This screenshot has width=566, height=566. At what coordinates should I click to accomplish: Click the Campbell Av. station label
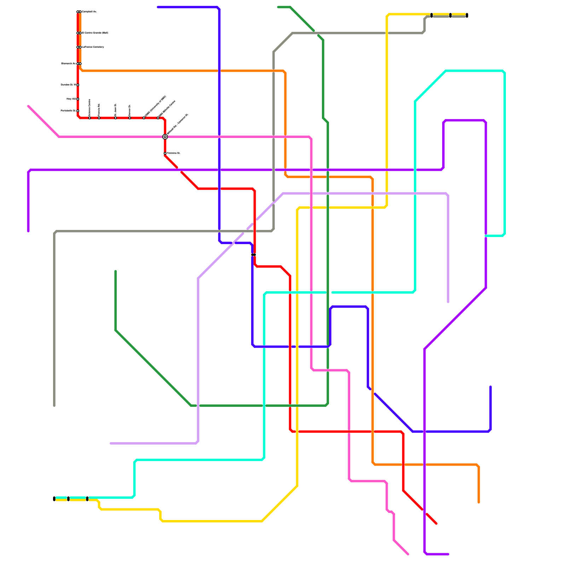click(x=89, y=12)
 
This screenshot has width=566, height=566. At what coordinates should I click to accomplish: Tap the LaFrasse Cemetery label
click(x=93, y=47)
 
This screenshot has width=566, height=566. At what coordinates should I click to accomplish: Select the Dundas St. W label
click(x=68, y=85)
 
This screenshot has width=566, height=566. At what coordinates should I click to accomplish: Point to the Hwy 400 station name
click(x=71, y=99)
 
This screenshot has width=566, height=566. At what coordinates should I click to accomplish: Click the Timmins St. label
click(x=174, y=153)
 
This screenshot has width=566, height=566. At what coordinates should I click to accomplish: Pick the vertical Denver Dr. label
click(x=130, y=110)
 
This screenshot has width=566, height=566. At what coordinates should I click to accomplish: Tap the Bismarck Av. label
click(x=68, y=64)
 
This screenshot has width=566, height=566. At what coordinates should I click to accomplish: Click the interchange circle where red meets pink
click(x=165, y=137)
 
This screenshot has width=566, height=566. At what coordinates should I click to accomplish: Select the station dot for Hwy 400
click(x=78, y=99)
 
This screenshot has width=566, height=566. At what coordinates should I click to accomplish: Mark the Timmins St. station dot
click(x=165, y=153)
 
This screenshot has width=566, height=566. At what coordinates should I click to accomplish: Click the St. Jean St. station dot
click(x=116, y=118)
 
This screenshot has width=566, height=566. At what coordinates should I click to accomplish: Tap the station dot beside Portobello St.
click(x=78, y=111)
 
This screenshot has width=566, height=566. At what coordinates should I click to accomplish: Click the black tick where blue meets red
click(x=254, y=255)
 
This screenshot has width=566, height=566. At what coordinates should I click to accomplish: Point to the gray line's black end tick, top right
click(x=467, y=15)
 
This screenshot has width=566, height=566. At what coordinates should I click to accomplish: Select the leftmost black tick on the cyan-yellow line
click(x=54, y=499)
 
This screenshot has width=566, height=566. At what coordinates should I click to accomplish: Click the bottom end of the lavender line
click(x=448, y=302)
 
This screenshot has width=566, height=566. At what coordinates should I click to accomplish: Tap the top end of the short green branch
click(x=116, y=271)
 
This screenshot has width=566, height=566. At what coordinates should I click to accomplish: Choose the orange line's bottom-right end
click(x=479, y=502)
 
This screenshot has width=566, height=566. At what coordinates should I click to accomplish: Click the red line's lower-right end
click(x=437, y=524)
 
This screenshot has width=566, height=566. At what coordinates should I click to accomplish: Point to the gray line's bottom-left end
click(x=54, y=406)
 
